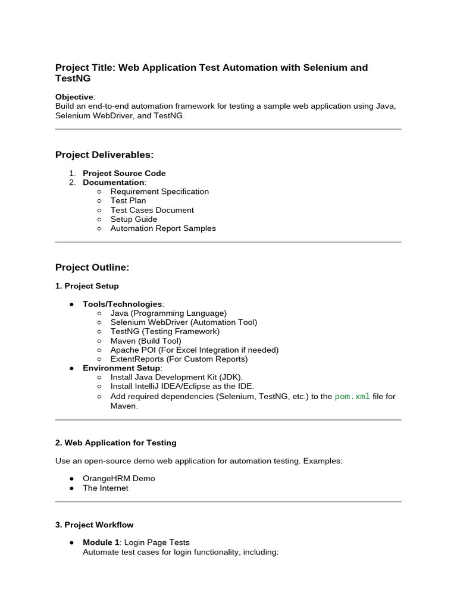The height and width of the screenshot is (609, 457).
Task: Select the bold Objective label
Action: pos(74,97)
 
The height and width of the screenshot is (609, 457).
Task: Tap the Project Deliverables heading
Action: pos(104,155)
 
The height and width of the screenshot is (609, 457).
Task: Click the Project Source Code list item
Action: pos(124,173)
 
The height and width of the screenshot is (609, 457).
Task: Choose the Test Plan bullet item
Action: pos(128,200)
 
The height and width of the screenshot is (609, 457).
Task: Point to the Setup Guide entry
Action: pos(134,219)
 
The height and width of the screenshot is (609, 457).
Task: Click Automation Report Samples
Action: pos(163,228)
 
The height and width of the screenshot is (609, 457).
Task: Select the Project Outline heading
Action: pos(92,268)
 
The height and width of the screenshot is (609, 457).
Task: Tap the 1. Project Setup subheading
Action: pos(87,286)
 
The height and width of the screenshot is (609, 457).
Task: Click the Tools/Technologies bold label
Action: pos(122,304)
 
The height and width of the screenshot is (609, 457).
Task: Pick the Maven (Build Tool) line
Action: pos(146,341)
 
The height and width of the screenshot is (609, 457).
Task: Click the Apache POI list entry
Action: pos(194,350)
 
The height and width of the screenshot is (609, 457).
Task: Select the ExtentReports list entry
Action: pos(179,359)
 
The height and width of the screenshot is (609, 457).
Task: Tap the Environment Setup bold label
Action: pos(121,368)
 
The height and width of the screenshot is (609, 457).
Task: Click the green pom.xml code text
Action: pos(352,396)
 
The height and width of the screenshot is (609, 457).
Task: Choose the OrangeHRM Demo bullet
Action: pos(118,479)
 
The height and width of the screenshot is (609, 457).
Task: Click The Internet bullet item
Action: pos(105,488)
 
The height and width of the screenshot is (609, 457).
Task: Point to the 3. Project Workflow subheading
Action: pos(94,525)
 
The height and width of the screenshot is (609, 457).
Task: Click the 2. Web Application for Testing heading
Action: pos(115,442)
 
